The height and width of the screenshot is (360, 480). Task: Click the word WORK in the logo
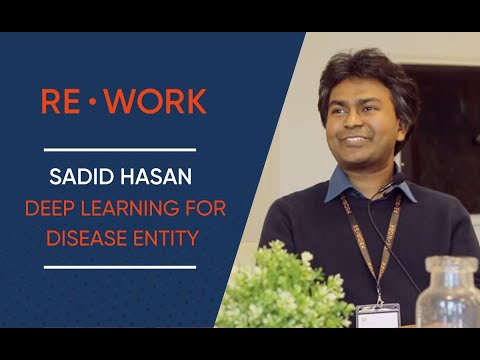click(161, 101)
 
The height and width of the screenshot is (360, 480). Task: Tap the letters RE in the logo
click(61, 101)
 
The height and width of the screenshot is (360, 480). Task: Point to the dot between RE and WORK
click(98, 102)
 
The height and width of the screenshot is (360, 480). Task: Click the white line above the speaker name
click(120, 150)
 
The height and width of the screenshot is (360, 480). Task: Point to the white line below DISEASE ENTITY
click(120, 267)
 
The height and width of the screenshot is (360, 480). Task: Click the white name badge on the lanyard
click(378, 315)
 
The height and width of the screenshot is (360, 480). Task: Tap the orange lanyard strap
click(352, 240)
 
